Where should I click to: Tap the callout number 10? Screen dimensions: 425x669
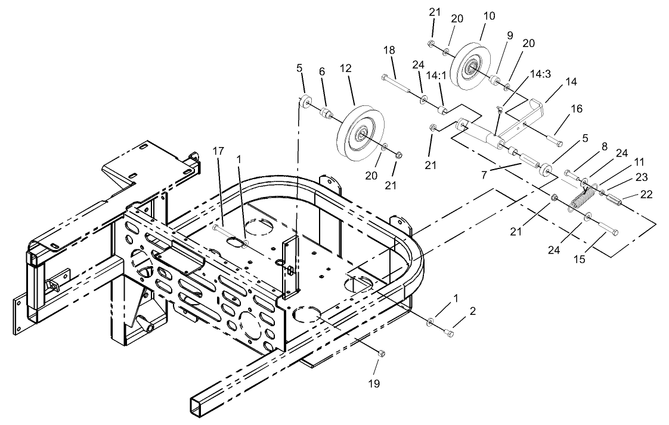489,16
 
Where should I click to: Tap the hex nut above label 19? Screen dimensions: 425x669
382,354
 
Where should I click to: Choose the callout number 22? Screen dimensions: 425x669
646,194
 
